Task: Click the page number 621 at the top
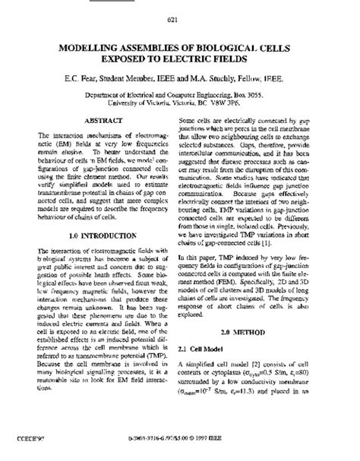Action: (x=179, y=18)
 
